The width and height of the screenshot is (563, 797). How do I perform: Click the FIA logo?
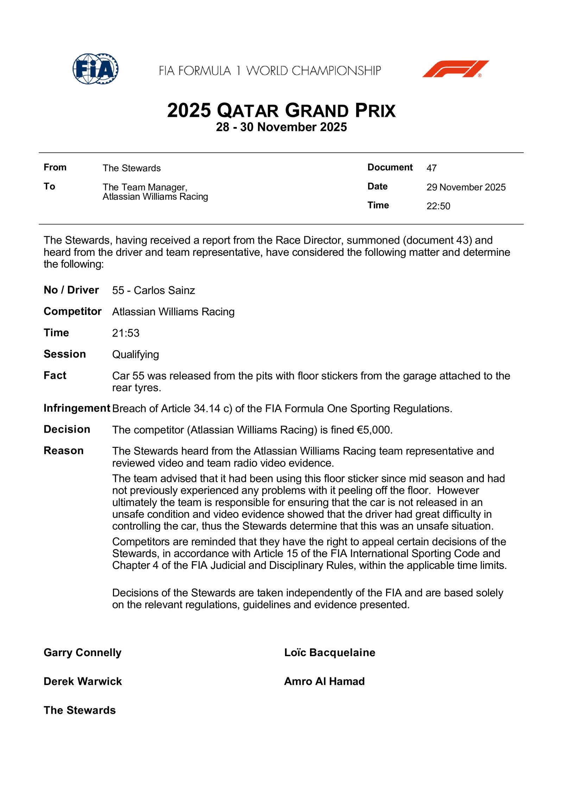[95, 69]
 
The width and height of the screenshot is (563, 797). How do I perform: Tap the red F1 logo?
[455, 69]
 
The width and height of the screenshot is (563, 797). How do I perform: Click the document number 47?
[431, 168]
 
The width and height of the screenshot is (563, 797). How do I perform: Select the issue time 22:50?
[438, 206]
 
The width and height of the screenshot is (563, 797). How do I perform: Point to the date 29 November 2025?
[466, 187]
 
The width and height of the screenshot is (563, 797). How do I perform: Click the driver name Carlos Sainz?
[164, 290]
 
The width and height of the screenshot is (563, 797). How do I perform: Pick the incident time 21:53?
[126, 333]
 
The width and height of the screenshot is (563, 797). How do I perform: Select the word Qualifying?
[135, 354]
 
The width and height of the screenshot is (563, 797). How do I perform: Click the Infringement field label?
[77, 408]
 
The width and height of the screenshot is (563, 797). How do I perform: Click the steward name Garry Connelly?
[82, 653]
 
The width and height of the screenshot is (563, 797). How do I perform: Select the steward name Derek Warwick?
[83, 681]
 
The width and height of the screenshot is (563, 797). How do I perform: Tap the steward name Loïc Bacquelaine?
[330, 653]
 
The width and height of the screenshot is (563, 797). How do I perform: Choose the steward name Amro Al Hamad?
[324, 681]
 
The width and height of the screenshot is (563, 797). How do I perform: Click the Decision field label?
[67, 429]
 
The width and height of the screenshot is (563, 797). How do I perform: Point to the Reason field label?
[64, 451]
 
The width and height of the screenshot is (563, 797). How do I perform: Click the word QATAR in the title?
[248, 111]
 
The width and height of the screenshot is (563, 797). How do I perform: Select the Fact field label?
[55, 376]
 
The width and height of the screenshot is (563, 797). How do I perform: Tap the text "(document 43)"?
[437, 240]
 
